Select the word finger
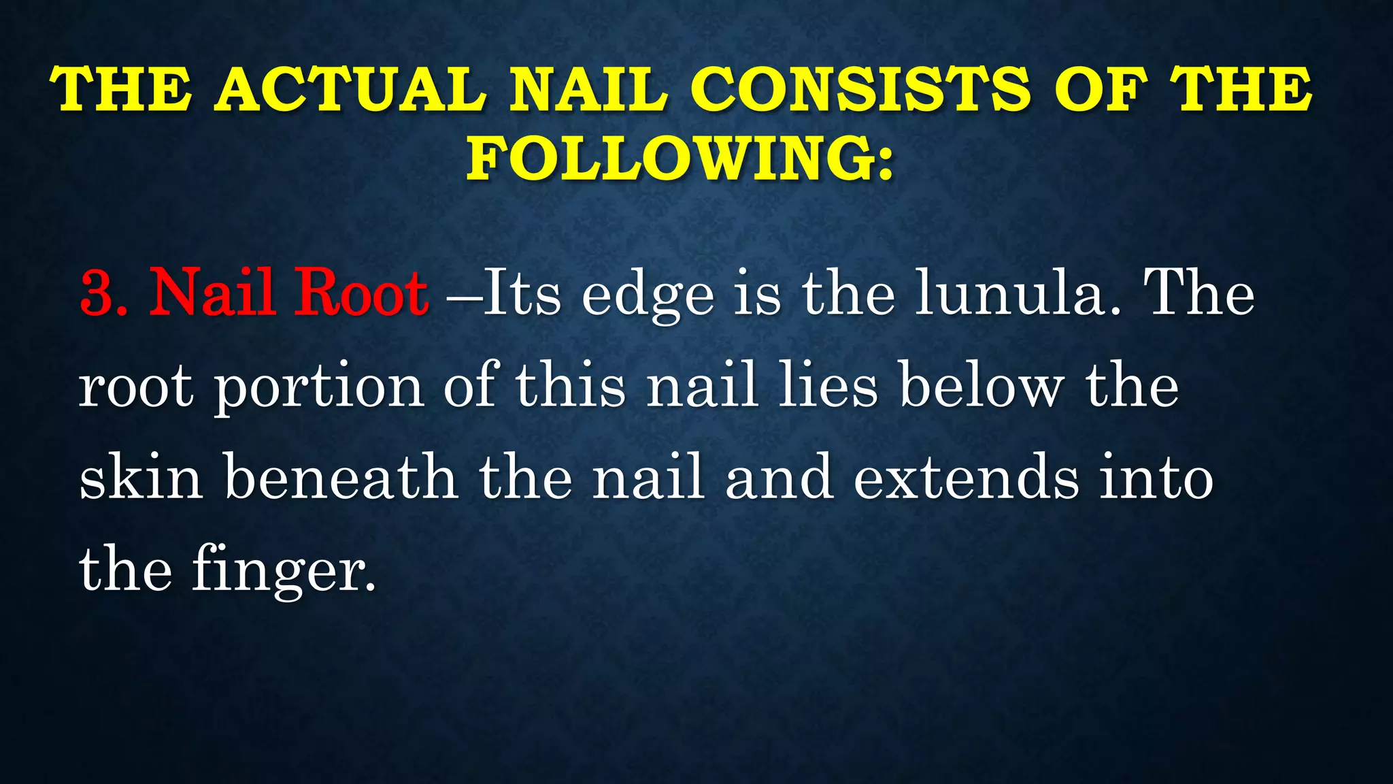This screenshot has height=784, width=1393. tap(283, 570)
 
